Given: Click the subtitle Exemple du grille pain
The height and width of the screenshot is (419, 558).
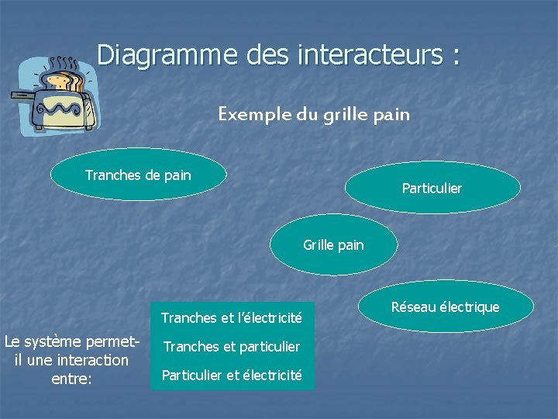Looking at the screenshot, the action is (x=313, y=115).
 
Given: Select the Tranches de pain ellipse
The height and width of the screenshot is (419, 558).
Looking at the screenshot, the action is (x=138, y=175).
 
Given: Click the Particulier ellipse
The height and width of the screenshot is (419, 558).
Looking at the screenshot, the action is (x=432, y=188).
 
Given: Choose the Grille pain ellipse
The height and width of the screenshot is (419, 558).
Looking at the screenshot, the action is (x=333, y=245).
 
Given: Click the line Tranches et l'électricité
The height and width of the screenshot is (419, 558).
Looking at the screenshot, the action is (x=231, y=317).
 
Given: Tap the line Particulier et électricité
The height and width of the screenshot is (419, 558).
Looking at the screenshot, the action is (x=231, y=376).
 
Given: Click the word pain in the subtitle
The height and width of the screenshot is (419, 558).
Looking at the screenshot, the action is (x=393, y=115).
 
